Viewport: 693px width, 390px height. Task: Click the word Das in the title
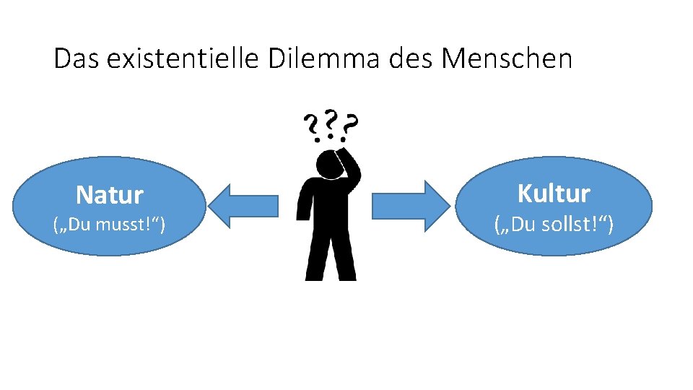[77, 59]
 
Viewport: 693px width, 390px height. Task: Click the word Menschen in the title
[506, 59]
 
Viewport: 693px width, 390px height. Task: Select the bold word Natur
[110, 195]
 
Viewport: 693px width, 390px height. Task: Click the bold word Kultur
[554, 194]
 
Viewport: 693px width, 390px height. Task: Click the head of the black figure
[332, 162]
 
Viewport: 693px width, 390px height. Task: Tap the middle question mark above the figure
[331, 123]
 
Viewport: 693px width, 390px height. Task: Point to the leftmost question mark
[312, 128]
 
